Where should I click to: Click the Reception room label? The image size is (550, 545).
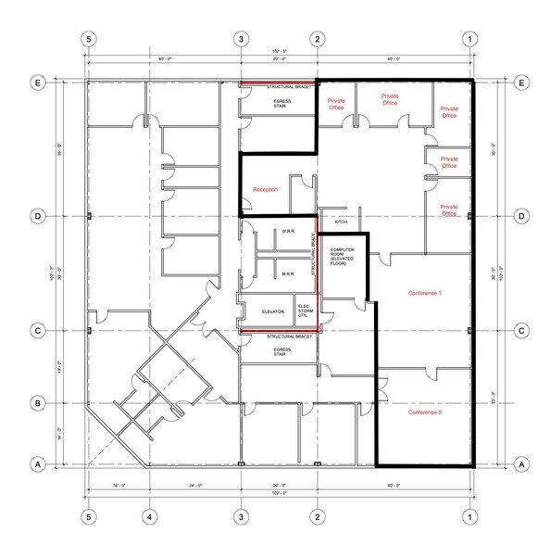pos(265,190)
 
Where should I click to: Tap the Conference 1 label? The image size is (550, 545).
pos(426,294)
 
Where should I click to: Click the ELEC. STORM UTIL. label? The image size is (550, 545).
pos(304,311)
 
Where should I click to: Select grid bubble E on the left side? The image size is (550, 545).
pos(39,82)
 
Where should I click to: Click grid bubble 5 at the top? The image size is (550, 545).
pos(89,39)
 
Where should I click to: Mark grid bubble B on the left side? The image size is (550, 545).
pos(39,403)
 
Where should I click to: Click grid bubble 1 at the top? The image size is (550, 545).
pos(472,39)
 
